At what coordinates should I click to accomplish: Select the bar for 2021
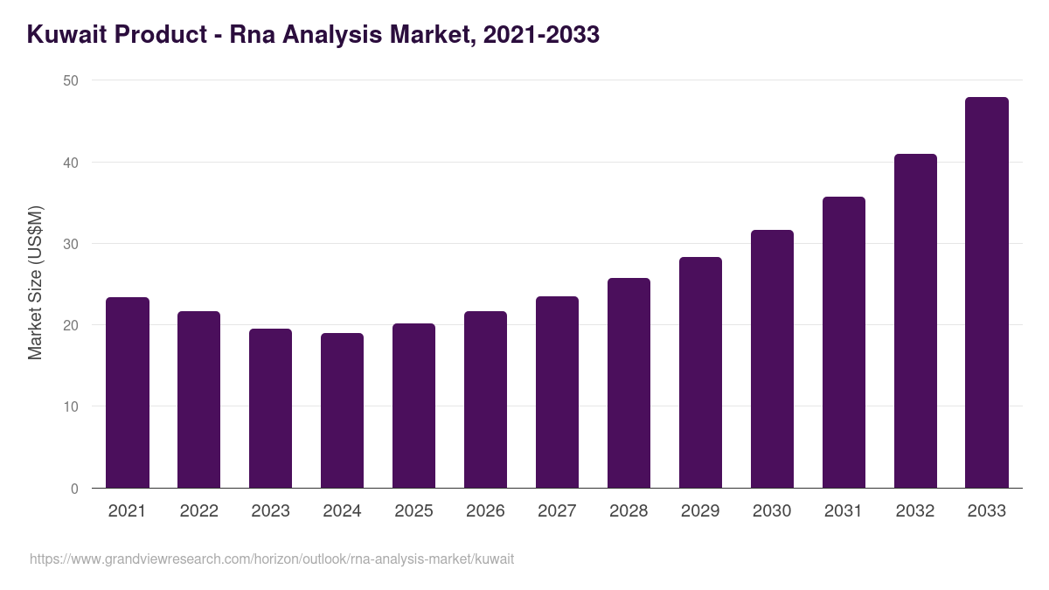pyautogui.click(x=128, y=393)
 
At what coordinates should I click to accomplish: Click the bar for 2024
pyautogui.click(x=342, y=411)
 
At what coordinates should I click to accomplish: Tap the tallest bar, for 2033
pyautogui.click(x=987, y=293)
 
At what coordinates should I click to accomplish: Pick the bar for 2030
pyautogui.click(x=772, y=359)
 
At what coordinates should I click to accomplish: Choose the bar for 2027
pyautogui.click(x=557, y=392)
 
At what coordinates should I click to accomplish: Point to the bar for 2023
pyautogui.click(x=270, y=408)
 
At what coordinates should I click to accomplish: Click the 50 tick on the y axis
pyautogui.click(x=70, y=80)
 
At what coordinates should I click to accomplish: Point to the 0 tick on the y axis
pyautogui.click(x=74, y=489)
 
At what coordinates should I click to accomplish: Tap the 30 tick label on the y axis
pyautogui.click(x=70, y=244)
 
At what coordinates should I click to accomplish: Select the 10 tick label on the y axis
pyautogui.click(x=70, y=406)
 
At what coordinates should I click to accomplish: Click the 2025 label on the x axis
pyautogui.click(x=413, y=511)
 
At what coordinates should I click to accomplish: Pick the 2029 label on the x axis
pyautogui.click(x=700, y=511)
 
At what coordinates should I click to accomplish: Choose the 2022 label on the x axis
pyautogui.click(x=198, y=511)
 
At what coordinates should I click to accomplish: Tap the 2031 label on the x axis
pyautogui.click(x=844, y=511)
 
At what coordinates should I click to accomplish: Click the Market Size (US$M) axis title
pyautogui.click(x=35, y=283)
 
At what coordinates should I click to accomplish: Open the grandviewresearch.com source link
pyautogui.click(x=272, y=559)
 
